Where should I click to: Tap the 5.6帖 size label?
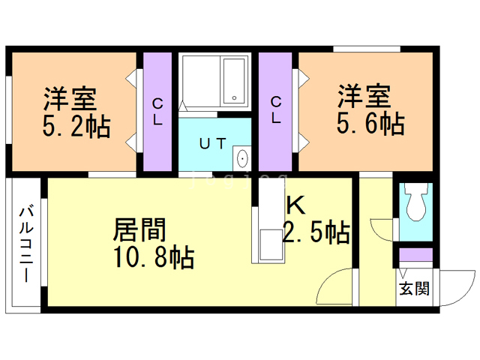tap(369, 124)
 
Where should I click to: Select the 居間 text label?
tap(139, 229)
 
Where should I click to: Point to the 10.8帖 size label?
tap(154, 257)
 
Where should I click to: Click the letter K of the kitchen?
tap(293, 204)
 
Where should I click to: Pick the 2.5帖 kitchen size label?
tap(316, 233)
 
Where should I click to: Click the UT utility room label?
tap(212, 143)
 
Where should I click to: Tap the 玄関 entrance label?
tap(414, 289)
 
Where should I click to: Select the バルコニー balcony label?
tap(25, 244)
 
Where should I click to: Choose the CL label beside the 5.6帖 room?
tap(276, 109)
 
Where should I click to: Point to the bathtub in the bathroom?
tap(234, 80)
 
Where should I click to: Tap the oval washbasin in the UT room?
tap(241, 158)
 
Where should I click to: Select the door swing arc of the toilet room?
tap(382, 227)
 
